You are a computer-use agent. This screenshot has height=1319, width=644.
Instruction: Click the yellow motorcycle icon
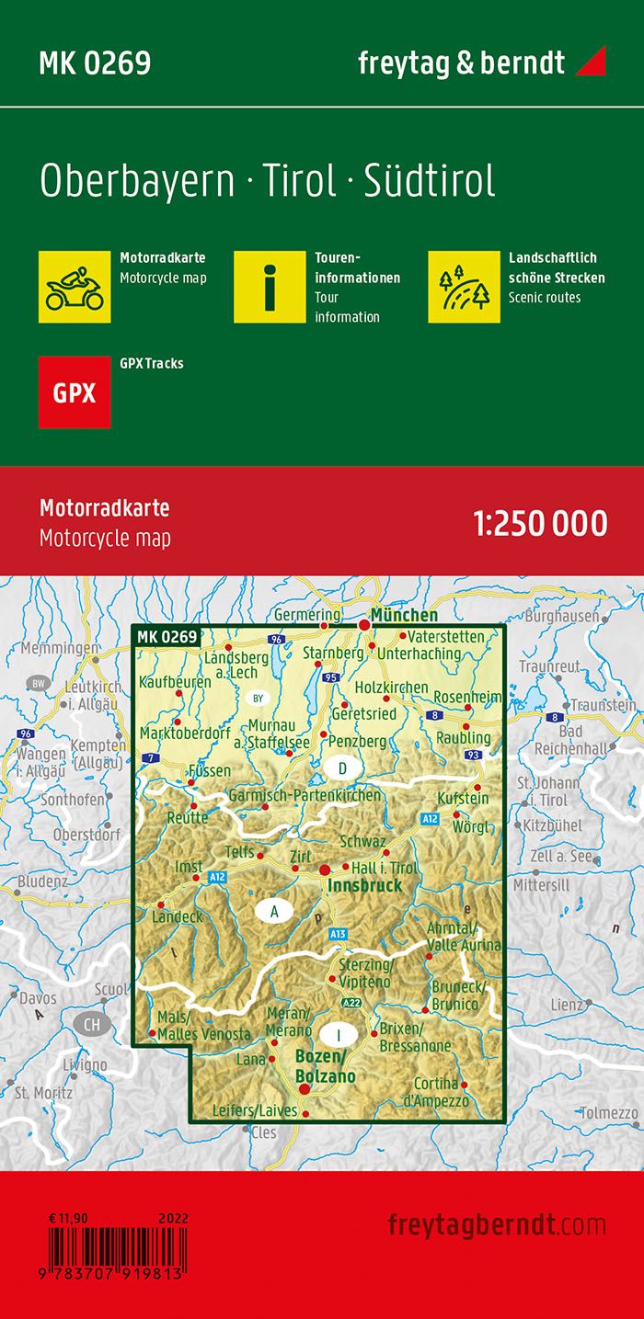75,286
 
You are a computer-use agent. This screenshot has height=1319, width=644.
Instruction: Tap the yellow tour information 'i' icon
269,286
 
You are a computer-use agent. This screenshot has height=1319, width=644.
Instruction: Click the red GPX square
75,392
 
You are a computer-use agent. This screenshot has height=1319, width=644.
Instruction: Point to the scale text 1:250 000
540,523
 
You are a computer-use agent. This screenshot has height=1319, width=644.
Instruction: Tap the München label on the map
404,615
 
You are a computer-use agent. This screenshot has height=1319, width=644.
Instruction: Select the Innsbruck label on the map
365,885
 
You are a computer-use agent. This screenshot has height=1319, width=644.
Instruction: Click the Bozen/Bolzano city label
325,1066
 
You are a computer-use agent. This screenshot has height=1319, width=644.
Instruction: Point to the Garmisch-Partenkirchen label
305,795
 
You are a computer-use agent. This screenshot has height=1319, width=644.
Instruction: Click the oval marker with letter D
342,768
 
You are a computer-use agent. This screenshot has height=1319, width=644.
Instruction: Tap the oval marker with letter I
339,1035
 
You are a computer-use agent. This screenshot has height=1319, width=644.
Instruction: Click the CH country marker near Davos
90,1023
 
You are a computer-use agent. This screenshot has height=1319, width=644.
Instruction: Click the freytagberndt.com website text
497,1224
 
